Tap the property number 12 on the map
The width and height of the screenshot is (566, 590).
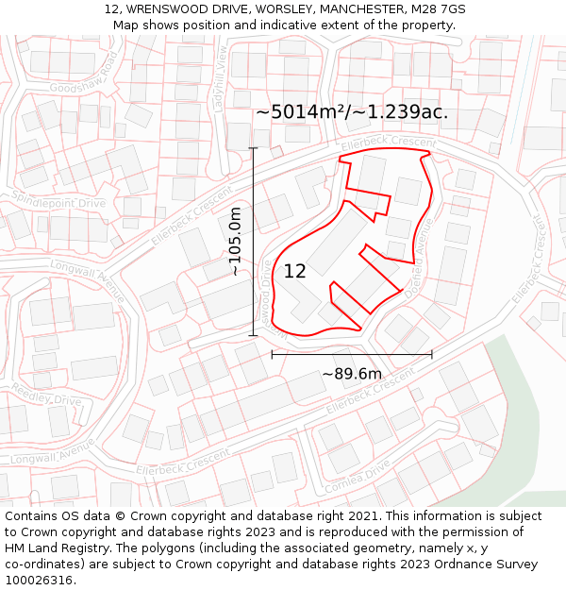point(295,272)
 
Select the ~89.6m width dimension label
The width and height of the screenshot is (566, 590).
point(352,374)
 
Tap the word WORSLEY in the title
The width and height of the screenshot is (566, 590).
point(284,9)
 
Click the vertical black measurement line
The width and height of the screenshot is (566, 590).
point(253,242)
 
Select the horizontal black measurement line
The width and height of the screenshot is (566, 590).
point(352,355)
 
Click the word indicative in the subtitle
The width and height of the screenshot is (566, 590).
point(284,25)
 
